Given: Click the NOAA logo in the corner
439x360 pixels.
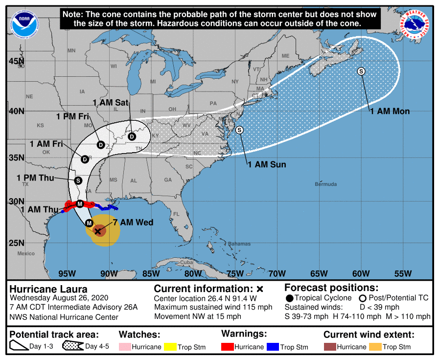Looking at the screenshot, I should [21, 22].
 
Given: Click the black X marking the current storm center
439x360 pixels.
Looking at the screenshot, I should [98, 231].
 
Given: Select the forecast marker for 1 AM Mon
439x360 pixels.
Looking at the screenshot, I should [362, 71].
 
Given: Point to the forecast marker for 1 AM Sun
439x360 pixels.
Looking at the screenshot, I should [239, 130].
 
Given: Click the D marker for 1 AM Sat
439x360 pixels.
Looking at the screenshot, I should [132, 136].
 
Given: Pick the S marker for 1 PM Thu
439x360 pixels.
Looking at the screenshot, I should [78, 180].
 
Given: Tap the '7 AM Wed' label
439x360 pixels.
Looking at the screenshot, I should [133, 223].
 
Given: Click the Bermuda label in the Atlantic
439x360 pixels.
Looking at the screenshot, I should [325, 184].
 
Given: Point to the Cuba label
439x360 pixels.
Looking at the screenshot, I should [187, 262].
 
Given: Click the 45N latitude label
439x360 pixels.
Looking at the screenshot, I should [16, 61].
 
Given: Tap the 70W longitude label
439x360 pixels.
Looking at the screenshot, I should [277, 273].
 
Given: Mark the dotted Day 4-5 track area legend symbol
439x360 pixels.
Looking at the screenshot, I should [72, 347].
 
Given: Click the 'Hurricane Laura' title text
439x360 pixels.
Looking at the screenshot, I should [48, 289].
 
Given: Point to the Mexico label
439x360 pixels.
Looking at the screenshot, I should [26, 253].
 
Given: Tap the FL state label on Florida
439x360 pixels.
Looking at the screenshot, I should [177, 214].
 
